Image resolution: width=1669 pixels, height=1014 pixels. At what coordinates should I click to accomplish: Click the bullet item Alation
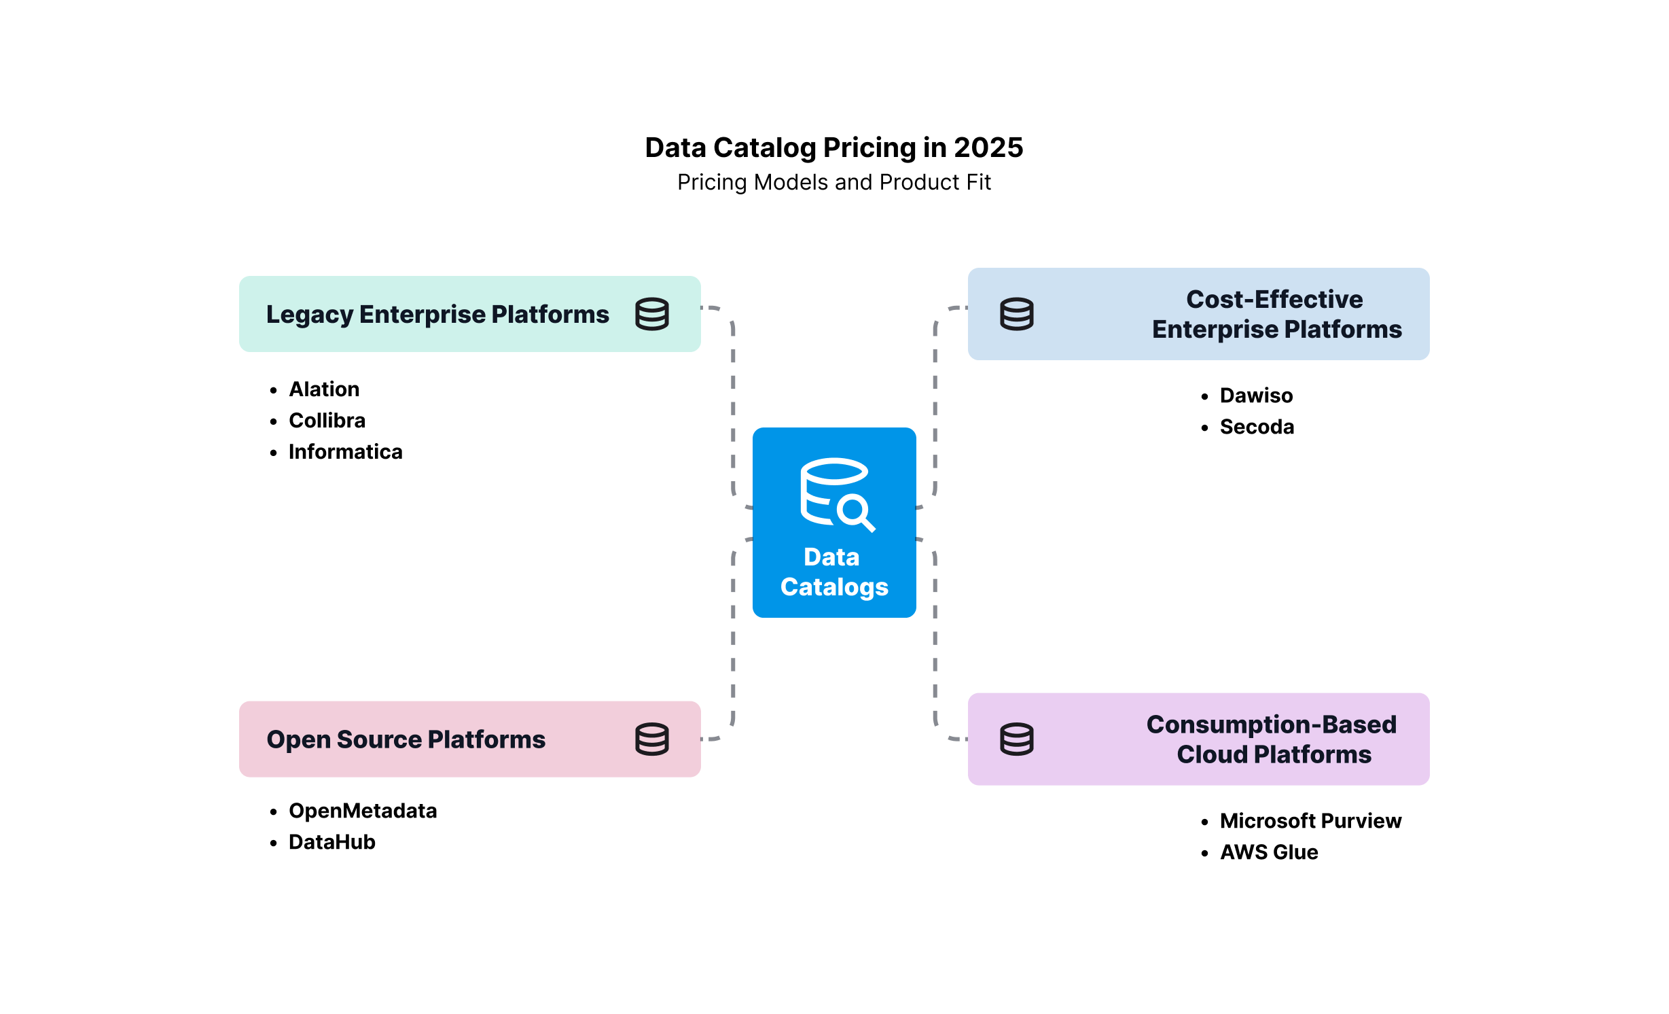pos(324,389)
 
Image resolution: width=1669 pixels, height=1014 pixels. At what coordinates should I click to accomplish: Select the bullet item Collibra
pos(327,420)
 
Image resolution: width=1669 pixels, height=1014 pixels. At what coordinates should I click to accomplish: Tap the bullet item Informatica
pos(345,451)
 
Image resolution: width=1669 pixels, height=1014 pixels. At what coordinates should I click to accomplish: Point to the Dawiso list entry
pos(1256,395)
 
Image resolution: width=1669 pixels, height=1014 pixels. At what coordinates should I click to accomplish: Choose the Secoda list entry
pos(1257,426)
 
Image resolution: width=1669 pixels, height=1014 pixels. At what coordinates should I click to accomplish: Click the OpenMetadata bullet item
pos(363,810)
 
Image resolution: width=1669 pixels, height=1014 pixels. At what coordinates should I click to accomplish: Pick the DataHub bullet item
pos(331,841)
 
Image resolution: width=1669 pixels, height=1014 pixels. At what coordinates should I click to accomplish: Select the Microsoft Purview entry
pos(1310,820)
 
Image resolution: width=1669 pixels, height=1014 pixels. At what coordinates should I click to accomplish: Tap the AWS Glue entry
pos(1269,852)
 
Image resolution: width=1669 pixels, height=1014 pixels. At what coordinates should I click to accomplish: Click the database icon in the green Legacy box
pos(652,314)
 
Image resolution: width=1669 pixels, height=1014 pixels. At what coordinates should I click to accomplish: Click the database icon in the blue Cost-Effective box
pos(1017,314)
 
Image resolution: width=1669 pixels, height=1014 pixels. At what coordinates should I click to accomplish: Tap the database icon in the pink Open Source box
pos(652,739)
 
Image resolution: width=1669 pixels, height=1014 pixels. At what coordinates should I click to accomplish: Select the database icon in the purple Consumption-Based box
pos(1017,739)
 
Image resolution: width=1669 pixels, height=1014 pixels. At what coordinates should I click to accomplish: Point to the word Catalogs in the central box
pos(834,587)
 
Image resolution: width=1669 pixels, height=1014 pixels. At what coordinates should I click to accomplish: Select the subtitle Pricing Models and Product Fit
pos(834,182)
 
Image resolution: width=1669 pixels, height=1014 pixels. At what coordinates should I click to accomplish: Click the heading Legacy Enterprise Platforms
pos(437,314)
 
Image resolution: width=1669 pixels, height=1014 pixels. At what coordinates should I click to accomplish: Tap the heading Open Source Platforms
pos(406,739)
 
